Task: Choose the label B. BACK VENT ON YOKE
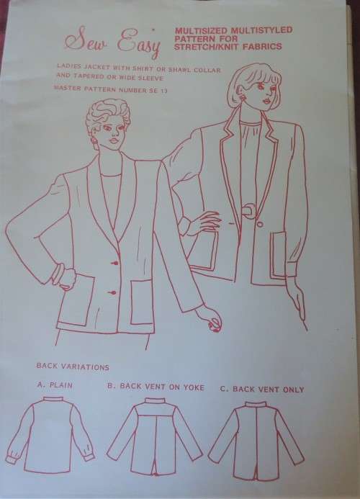point(156,387)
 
